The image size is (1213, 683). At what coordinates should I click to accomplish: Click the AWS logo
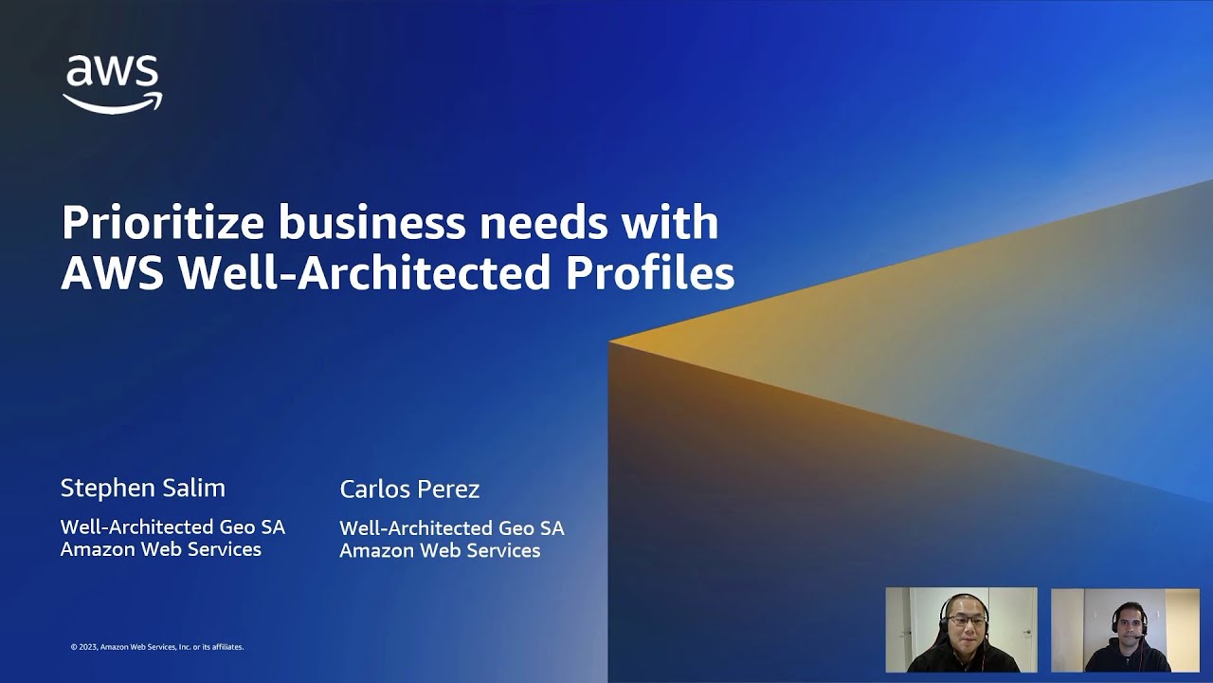pyautogui.click(x=113, y=83)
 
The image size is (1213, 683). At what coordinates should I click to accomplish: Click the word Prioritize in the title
pyautogui.click(x=161, y=223)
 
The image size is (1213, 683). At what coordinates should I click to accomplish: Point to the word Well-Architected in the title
pyautogui.click(x=365, y=273)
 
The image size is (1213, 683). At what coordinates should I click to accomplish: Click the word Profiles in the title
pyautogui.click(x=650, y=273)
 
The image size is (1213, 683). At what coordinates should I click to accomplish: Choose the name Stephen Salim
pyautogui.click(x=142, y=489)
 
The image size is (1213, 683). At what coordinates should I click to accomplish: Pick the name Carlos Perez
pyautogui.click(x=409, y=489)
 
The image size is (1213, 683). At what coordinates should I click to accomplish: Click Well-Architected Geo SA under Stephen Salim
pyautogui.click(x=172, y=526)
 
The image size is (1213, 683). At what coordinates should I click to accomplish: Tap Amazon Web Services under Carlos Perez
pyautogui.click(x=440, y=550)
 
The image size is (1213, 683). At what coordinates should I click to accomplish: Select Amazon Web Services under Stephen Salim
pyautogui.click(x=160, y=549)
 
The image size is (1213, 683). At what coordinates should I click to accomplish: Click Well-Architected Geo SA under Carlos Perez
pyautogui.click(x=451, y=527)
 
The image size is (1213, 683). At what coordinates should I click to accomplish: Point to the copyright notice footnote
pyautogui.click(x=157, y=647)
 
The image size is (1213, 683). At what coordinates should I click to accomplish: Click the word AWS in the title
pyautogui.click(x=113, y=273)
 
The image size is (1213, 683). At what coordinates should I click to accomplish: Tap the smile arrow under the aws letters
pyautogui.click(x=113, y=102)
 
